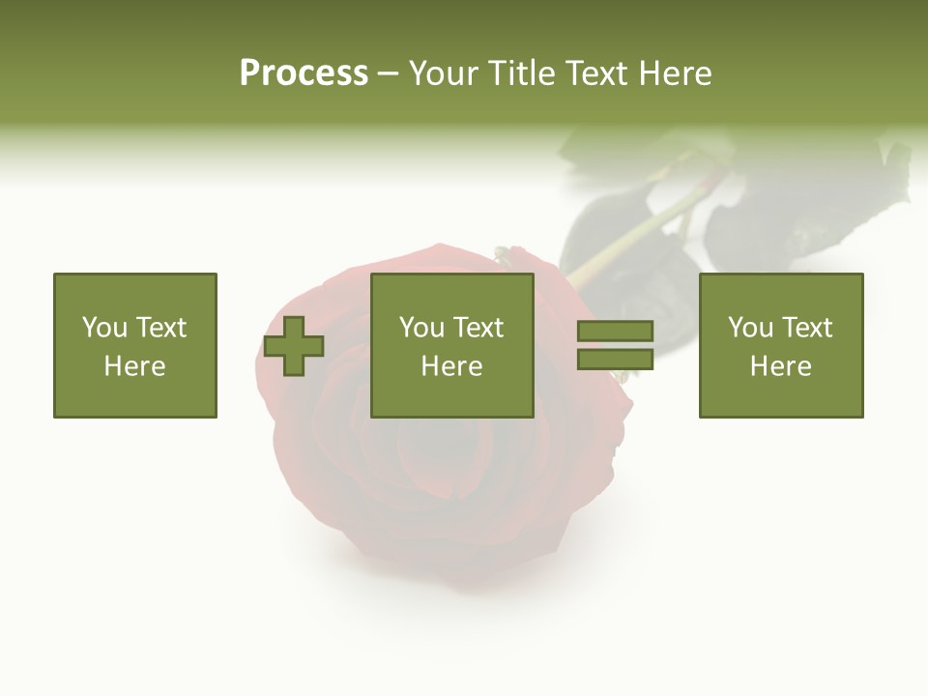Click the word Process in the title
click(304, 73)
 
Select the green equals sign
click(615, 345)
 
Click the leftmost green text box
click(135, 345)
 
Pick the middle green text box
click(451, 345)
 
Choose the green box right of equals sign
click(781, 345)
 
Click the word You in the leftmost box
click(104, 328)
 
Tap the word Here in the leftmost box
click(135, 366)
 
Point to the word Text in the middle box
click(478, 328)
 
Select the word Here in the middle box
click(451, 366)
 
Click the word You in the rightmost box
click(750, 328)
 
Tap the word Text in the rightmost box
click(807, 328)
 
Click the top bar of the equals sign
click(615, 332)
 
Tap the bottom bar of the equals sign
click(615, 359)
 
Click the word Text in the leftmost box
click(161, 328)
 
